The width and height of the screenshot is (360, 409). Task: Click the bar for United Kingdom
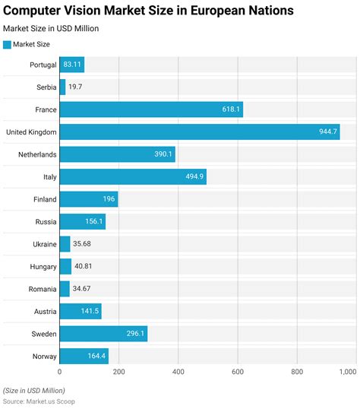(199, 132)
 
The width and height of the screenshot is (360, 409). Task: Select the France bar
(150, 109)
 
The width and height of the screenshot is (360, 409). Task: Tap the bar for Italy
(132, 177)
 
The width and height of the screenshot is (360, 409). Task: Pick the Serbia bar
(62, 87)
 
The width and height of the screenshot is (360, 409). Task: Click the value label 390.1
(163, 154)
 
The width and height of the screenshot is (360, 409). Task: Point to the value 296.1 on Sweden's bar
(136, 334)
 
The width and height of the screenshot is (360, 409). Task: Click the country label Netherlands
(34, 154)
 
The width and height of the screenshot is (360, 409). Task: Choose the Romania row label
(38, 289)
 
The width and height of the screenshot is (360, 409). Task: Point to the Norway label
(39, 356)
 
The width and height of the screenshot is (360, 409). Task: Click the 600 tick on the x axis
(238, 372)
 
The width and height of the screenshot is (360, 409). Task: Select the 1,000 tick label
(347, 372)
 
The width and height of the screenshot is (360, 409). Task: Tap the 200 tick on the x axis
(119, 372)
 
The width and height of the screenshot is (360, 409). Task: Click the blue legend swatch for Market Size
(8, 44)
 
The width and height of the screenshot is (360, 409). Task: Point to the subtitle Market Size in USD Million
(51, 29)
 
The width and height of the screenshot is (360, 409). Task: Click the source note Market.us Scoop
(39, 401)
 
